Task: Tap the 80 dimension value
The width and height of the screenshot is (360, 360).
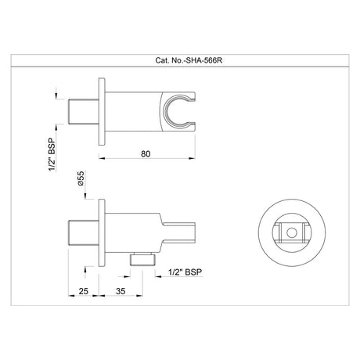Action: [x=146, y=154]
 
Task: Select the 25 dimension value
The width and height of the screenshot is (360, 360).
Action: [x=83, y=291]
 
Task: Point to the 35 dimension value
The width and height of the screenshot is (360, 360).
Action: [x=121, y=291]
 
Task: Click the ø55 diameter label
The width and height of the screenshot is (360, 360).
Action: [x=81, y=178]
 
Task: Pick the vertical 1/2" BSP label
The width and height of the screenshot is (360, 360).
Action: [x=52, y=154]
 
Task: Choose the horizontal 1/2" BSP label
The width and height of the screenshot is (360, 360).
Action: [x=185, y=272]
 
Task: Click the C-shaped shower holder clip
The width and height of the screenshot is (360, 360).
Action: [x=167, y=111]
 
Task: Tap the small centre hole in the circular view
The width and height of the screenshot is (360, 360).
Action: [x=292, y=232]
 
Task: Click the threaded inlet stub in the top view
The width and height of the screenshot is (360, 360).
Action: [x=84, y=112]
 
